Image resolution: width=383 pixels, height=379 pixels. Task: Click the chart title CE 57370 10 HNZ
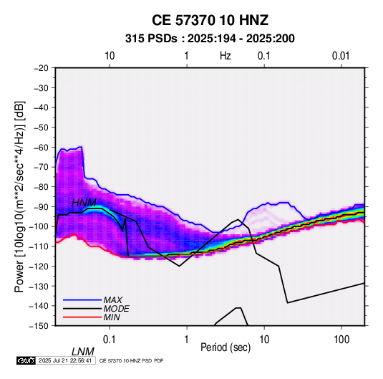[x=210, y=20]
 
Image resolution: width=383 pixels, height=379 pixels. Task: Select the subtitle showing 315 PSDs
[x=210, y=39]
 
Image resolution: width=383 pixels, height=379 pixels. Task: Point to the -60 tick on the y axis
[x=42, y=147]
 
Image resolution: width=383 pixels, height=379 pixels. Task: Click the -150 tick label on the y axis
[x=39, y=326]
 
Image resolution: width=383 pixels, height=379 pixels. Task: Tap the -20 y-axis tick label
[x=42, y=68]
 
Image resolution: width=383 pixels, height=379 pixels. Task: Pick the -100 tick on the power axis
[x=39, y=226]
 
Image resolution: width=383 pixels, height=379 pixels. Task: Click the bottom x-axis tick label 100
[x=341, y=340]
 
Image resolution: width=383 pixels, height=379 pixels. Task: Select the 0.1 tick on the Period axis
[x=110, y=340]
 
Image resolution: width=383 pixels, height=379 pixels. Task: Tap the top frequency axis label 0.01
[x=341, y=56]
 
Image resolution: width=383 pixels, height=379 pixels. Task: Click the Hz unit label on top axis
[x=226, y=56]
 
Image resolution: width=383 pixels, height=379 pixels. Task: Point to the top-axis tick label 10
[x=110, y=56]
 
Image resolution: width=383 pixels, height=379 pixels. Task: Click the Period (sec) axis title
[x=226, y=347]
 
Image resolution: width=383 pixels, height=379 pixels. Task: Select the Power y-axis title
[x=19, y=196]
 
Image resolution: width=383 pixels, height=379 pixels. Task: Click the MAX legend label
[x=113, y=300]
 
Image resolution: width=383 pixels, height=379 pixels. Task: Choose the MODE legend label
[x=116, y=309]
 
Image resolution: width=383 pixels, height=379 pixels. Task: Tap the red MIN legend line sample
[x=82, y=317]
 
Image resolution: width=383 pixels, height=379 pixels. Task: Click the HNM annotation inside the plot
[x=84, y=203]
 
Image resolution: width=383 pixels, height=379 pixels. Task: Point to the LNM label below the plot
[x=83, y=352]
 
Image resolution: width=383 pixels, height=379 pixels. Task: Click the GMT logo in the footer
[x=26, y=360]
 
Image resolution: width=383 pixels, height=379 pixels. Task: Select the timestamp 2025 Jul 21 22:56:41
[x=65, y=360]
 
